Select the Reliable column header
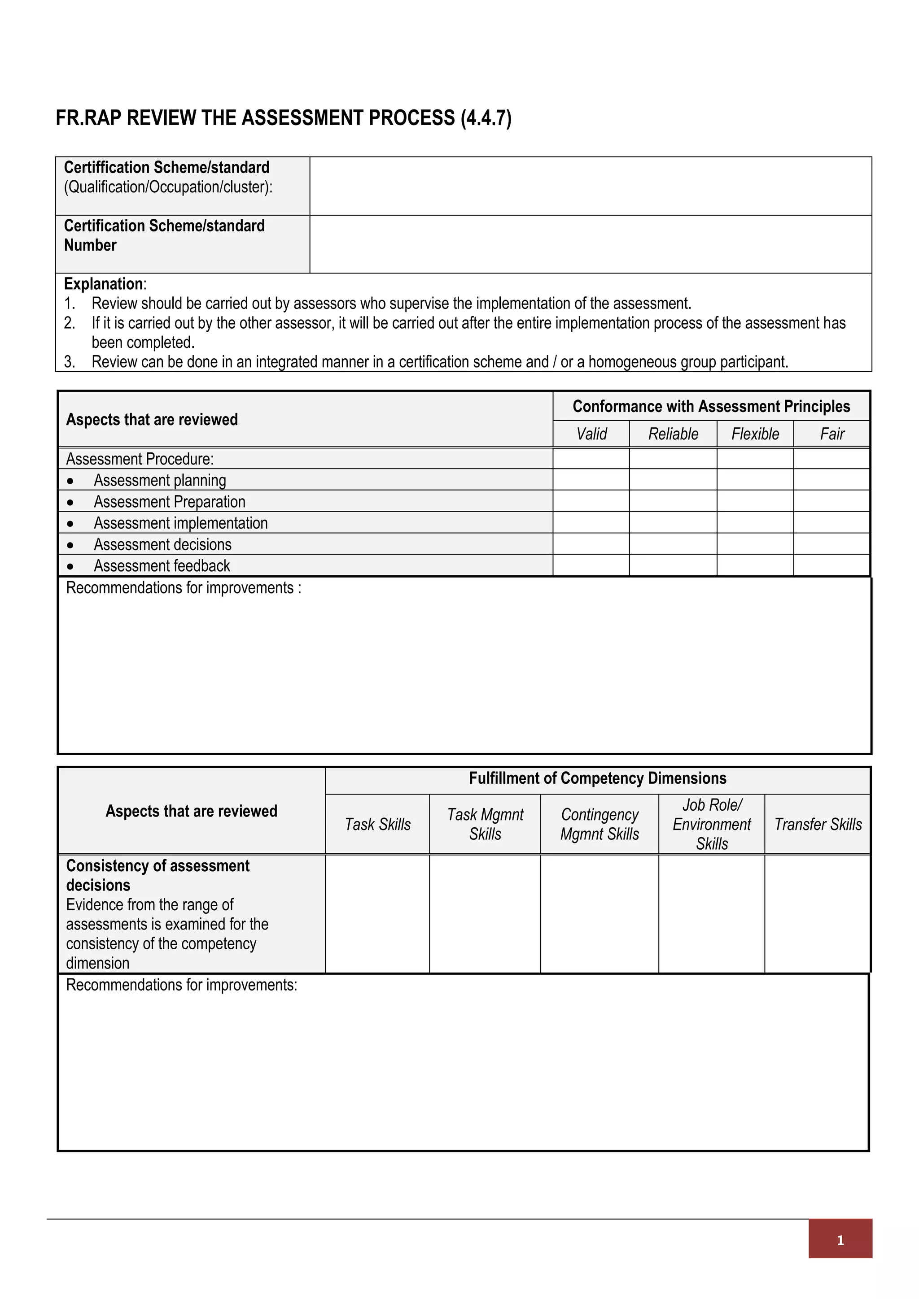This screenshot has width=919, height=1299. click(x=673, y=434)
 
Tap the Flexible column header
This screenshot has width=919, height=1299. click(x=755, y=434)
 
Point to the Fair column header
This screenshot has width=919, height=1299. click(x=832, y=434)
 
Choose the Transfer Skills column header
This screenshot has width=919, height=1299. click(x=818, y=824)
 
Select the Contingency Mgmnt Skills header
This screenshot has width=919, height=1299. click(x=600, y=824)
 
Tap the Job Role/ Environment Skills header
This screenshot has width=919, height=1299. click(x=711, y=824)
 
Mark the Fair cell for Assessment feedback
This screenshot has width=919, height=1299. click(x=832, y=565)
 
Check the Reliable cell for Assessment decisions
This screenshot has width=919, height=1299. click(x=673, y=544)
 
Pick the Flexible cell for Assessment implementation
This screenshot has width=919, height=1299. click(x=755, y=522)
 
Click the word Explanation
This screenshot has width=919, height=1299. click(x=103, y=283)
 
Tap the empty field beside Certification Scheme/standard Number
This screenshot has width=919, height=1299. click(x=590, y=244)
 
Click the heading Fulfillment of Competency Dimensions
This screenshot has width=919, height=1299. click(x=597, y=778)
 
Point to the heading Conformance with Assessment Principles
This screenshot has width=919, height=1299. click(x=711, y=406)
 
